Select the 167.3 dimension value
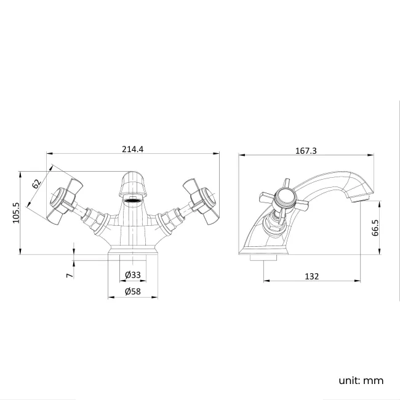[306, 150]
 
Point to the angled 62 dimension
[36, 183]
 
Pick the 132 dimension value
[312, 276]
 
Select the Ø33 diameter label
[133, 274]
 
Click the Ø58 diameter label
[133, 292]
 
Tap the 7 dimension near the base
[69, 274]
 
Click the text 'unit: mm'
[361, 380]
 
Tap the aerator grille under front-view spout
[133, 201]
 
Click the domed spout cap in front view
[133, 183]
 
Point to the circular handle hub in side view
[284, 198]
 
